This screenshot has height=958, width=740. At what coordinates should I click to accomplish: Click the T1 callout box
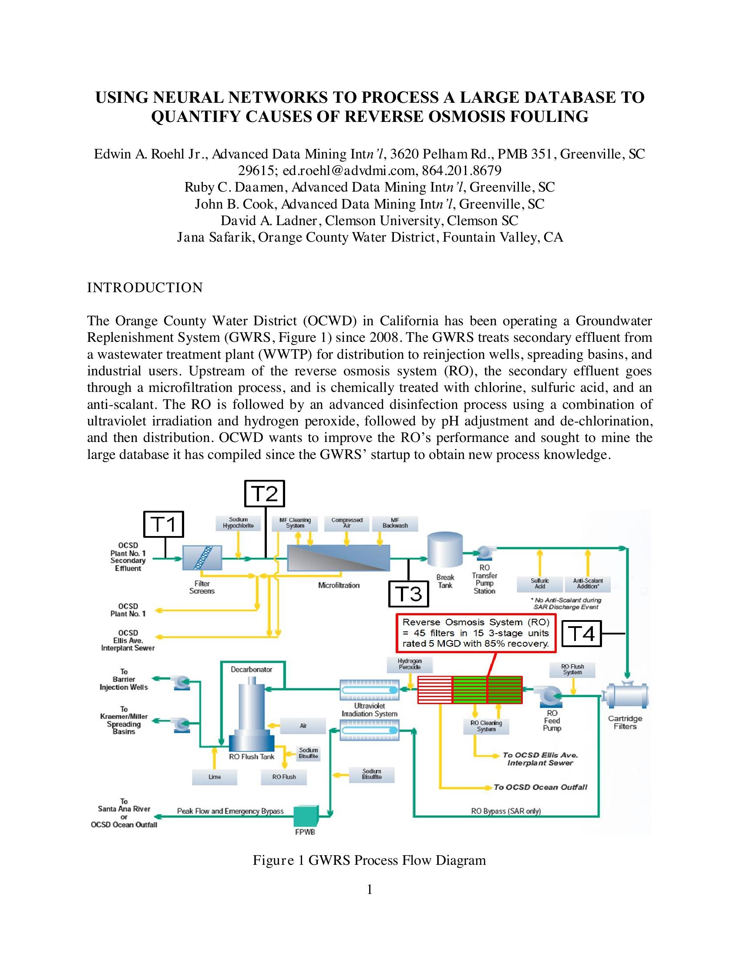[x=164, y=524]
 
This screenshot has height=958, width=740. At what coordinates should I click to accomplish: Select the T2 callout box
[x=264, y=493]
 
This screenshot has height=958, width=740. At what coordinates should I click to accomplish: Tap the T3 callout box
[x=409, y=594]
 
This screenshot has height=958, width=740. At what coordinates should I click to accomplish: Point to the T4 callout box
[x=581, y=634]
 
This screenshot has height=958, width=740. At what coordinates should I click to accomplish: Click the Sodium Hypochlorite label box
[x=238, y=523]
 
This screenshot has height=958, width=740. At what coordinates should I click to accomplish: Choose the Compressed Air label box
[x=347, y=523]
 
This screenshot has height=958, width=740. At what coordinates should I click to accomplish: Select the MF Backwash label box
[x=394, y=523]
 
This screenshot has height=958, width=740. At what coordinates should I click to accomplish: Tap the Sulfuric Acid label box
[x=540, y=584]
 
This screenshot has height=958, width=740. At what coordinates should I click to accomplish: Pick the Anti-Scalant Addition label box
[x=588, y=584]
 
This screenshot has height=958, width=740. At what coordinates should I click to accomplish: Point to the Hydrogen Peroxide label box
[x=409, y=664]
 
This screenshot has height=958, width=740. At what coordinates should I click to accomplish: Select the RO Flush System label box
[x=572, y=669]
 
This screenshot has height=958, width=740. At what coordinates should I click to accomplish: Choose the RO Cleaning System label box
[x=486, y=726]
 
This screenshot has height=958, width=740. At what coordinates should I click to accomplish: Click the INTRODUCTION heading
[x=145, y=288]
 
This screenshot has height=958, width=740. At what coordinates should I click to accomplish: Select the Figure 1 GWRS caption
[x=369, y=860]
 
